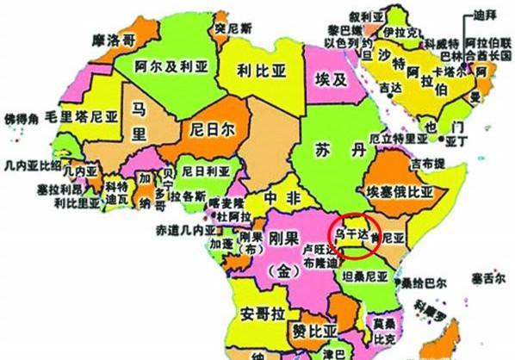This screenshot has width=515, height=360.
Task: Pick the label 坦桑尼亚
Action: pos(367,277)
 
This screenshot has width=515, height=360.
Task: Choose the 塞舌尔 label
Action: pos(487,278)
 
